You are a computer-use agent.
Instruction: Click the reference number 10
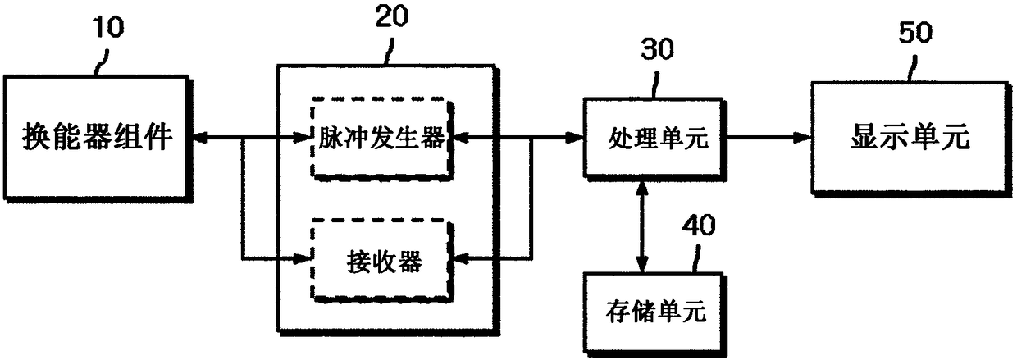tap(108, 27)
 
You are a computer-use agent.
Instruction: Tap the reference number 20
tap(392, 16)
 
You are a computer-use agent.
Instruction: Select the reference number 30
tap(658, 49)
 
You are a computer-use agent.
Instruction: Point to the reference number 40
tap(699, 226)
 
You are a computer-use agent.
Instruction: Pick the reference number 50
tap(916, 33)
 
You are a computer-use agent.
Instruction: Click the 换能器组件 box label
tap(97, 136)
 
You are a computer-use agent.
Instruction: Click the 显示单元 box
tap(911, 139)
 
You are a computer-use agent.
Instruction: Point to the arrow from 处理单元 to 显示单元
tap(768, 137)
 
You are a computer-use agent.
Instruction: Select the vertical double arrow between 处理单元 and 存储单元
tap(641, 226)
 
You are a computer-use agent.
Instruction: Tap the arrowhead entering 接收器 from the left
tap(301, 259)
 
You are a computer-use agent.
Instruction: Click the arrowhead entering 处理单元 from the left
tap(574, 137)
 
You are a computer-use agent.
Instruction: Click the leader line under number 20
tap(389, 52)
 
